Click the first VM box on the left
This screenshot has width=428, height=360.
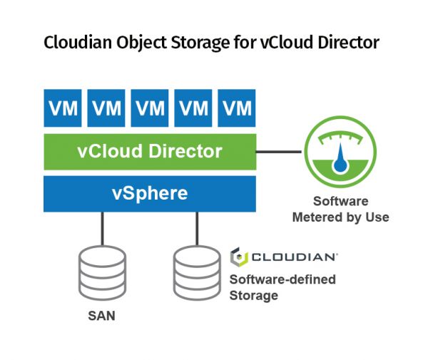click(63, 108)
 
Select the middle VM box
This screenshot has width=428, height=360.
click(150, 108)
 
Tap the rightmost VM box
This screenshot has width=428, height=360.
click(237, 108)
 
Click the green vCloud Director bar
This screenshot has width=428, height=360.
click(150, 152)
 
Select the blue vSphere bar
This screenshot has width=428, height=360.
click(150, 194)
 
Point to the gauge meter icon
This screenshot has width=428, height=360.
click(340, 152)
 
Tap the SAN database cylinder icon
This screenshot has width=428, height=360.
click(102, 273)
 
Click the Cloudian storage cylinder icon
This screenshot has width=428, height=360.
click(197, 273)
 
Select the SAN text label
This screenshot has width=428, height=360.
click(101, 316)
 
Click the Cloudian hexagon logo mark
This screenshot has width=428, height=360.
click(239, 257)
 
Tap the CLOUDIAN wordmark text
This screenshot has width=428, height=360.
click(294, 257)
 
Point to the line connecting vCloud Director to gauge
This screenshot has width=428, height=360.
click(279, 152)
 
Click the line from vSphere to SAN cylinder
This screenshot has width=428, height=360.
click(102, 229)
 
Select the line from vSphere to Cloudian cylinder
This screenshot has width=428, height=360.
click(197, 229)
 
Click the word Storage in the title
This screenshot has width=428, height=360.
click(200, 43)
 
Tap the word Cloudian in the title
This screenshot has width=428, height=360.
click(78, 43)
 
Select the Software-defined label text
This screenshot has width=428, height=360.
click(282, 279)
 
